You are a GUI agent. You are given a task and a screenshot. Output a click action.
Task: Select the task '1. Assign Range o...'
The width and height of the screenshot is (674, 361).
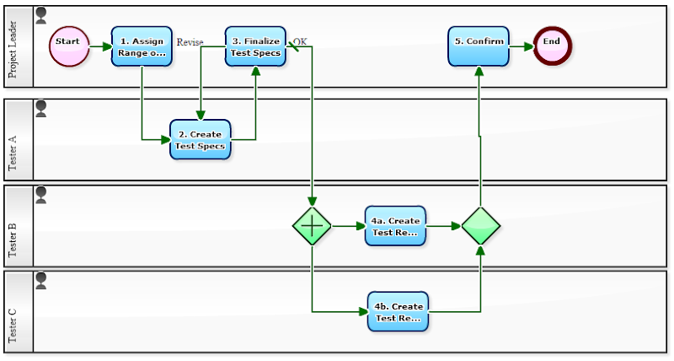(142, 46)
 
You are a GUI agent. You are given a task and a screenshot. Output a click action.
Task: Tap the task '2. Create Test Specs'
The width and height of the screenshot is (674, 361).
(200, 139)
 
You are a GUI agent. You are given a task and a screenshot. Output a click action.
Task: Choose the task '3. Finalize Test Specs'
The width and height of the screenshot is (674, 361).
(255, 46)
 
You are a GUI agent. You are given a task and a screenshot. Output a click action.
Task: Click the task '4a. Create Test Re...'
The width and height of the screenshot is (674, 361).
(395, 226)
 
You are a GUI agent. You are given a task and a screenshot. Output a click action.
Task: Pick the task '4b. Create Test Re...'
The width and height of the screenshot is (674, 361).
(398, 312)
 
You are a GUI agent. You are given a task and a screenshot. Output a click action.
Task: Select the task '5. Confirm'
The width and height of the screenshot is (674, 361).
(479, 46)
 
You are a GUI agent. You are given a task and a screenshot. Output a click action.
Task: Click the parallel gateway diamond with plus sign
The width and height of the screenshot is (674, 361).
(312, 226)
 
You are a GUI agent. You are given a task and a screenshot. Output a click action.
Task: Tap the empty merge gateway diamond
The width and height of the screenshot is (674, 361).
(481, 226)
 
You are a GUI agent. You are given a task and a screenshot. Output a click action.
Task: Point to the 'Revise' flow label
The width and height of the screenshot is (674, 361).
(190, 42)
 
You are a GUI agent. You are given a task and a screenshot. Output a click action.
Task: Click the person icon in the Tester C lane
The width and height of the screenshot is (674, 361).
(40, 281)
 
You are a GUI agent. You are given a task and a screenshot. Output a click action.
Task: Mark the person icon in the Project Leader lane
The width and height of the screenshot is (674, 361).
(40, 15)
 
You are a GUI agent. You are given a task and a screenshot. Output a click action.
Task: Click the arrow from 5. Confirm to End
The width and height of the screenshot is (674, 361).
(522, 47)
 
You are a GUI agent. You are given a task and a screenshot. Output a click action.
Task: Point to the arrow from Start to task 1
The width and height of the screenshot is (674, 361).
(100, 47)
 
